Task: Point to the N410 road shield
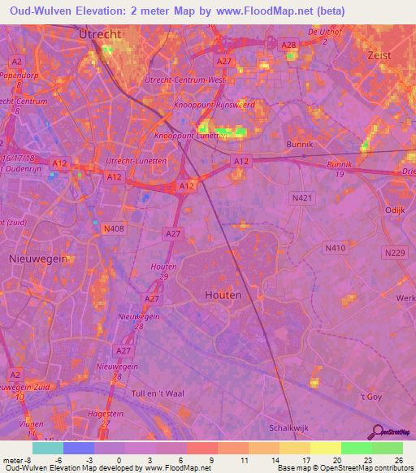pos(334,248)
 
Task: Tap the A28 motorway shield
pos(288,46)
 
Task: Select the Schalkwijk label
pos(291,427)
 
